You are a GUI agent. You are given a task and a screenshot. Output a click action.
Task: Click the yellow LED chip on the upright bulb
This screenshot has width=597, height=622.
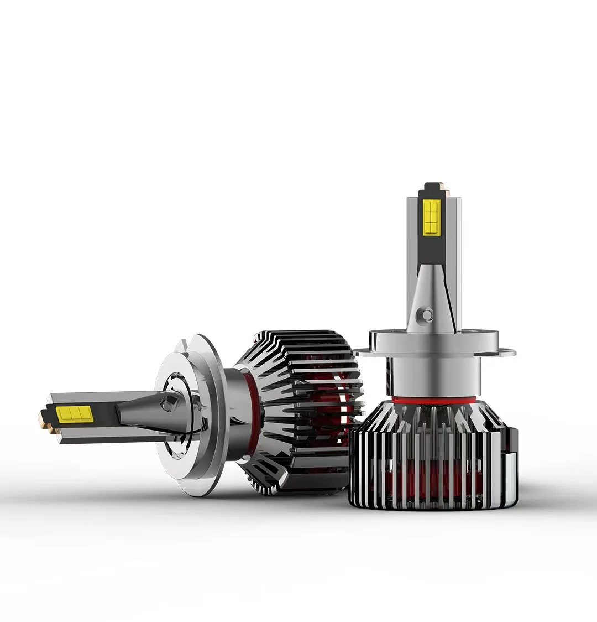pos(432,217)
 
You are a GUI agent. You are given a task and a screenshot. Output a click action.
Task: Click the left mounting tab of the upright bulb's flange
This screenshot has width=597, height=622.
pos(362,350)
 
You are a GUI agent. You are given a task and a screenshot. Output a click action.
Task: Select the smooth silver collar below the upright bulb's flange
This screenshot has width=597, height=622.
pos(433,376)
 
